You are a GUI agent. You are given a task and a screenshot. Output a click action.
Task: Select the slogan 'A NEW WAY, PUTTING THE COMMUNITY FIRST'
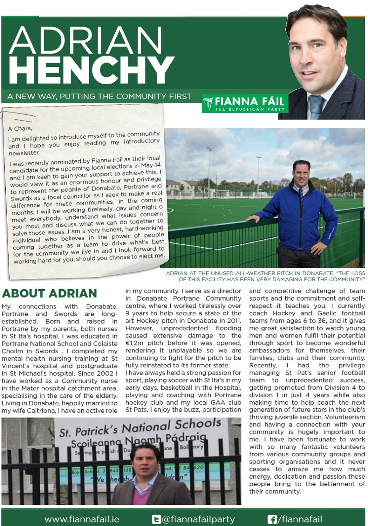99,96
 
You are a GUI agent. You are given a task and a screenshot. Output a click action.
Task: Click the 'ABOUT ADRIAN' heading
50,293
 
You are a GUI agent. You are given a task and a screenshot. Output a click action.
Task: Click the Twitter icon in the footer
156,519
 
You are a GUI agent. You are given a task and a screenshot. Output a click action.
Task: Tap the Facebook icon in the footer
272,519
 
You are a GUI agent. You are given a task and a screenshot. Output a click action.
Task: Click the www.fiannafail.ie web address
82,519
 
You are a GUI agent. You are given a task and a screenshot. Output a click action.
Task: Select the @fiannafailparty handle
198,519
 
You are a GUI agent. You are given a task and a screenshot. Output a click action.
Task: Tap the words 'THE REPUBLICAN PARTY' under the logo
249,109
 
